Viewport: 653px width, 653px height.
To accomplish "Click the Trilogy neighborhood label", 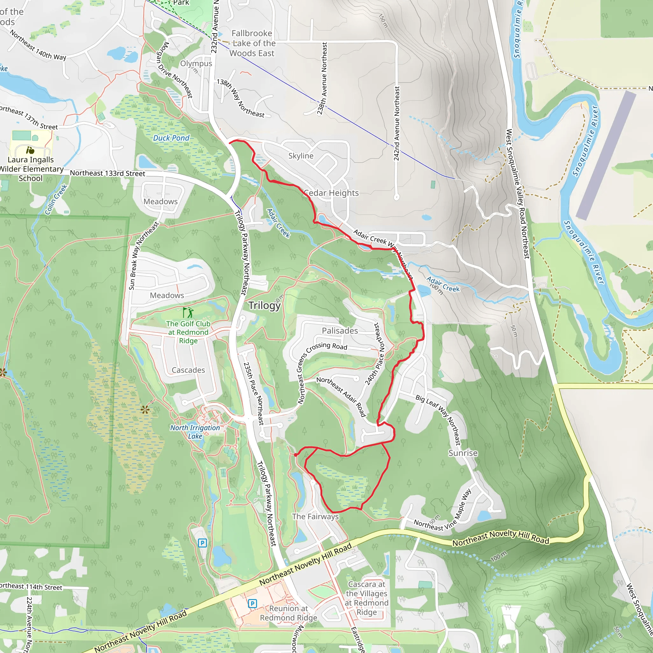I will (x=264, y=305).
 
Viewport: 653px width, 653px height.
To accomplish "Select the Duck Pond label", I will (x=171, y=138).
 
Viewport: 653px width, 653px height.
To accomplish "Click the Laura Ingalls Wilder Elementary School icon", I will (x=30, y=150).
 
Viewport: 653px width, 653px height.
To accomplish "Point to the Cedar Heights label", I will (x=331, y=193).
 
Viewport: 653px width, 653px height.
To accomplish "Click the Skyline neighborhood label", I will (x=301, y=156).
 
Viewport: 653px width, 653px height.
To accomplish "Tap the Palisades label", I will (x=340, y=331).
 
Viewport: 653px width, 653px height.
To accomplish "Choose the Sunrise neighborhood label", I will (x=463, y=453).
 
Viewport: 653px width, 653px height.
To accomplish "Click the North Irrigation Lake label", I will (x=195, y=432).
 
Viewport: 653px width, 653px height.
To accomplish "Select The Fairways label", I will (x=315, y=517).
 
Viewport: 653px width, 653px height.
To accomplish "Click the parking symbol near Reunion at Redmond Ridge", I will (x=252, y=603).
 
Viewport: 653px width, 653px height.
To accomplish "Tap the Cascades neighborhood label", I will (x=188, y=370).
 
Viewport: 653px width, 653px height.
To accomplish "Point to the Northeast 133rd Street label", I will (x=107, y=173).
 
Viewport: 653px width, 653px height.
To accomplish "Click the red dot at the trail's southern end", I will (x=296, y=455).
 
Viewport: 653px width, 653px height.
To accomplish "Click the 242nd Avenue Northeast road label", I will (x=396, y=123).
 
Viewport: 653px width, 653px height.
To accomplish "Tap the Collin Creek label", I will (x=56, y=199).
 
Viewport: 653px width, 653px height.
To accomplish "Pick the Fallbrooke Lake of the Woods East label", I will (x=252, y=43).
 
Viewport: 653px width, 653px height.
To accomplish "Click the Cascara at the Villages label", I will (x=366, y=598).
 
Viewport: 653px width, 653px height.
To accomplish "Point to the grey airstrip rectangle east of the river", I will (x=606, y=156).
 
